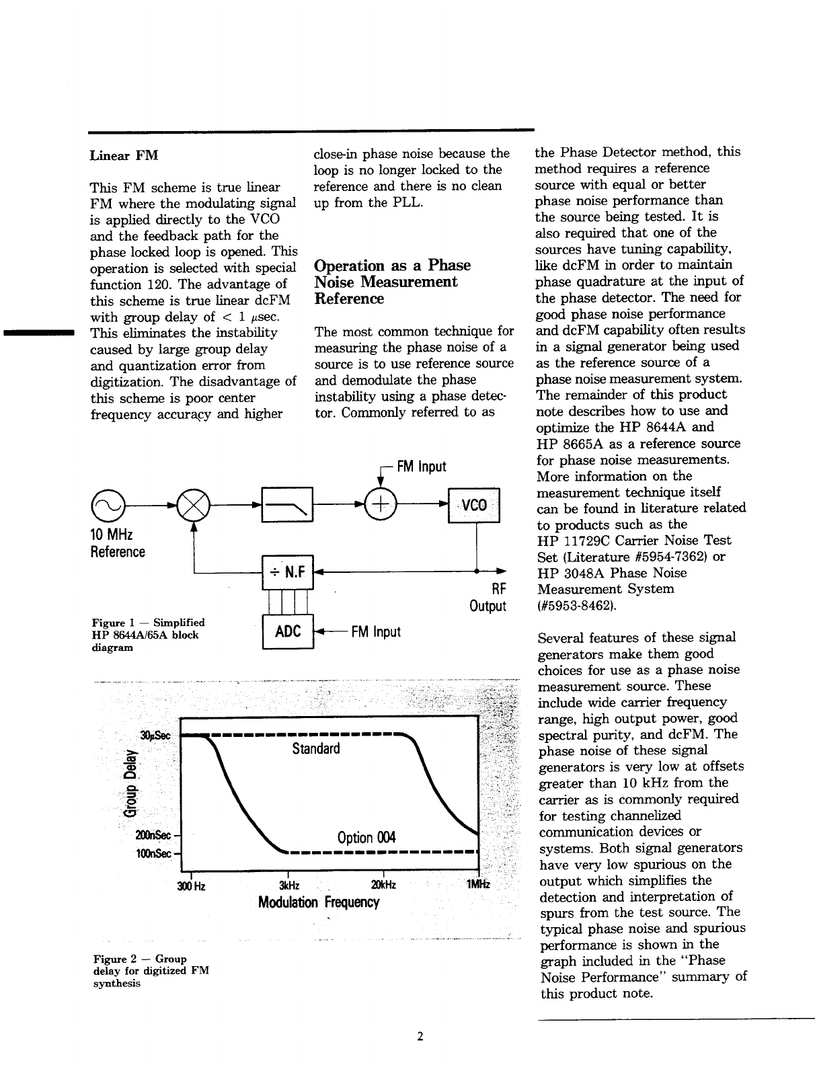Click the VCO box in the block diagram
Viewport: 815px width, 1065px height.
[x=474, y=505]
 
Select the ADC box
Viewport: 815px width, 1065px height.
[x=288, y=632]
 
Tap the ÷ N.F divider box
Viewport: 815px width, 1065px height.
[x=288, y=572]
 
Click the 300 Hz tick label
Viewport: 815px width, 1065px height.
[x=191, y=885]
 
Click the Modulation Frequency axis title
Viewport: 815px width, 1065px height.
[x=319, y=902]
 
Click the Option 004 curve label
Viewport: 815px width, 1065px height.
[x=366, y=837]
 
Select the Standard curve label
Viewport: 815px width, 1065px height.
[x=316, y=748]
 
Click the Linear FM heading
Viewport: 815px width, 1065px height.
[x=124, y=156]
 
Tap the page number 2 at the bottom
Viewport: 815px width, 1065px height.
[x=420, y=1037]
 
